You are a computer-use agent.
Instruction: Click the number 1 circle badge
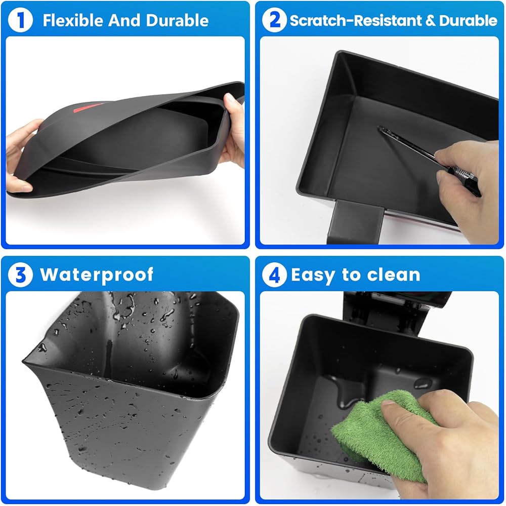pos(20,20)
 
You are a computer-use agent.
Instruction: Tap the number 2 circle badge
pos(274,20)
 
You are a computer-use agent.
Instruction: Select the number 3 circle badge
pos(20,275)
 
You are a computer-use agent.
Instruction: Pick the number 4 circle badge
pos(274,275)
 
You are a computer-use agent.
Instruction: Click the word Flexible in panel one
pos(73,20)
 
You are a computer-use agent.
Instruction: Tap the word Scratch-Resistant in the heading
pos(356,20)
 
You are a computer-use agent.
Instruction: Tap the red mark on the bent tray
pos(87,108)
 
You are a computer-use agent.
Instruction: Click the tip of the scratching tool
pos(380,128)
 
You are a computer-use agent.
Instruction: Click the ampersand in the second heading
pos(431,20)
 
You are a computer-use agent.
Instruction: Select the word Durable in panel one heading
pos(177,20)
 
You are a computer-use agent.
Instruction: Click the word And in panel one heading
pos(124,20)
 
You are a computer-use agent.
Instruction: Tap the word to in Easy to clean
pos(351,275)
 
